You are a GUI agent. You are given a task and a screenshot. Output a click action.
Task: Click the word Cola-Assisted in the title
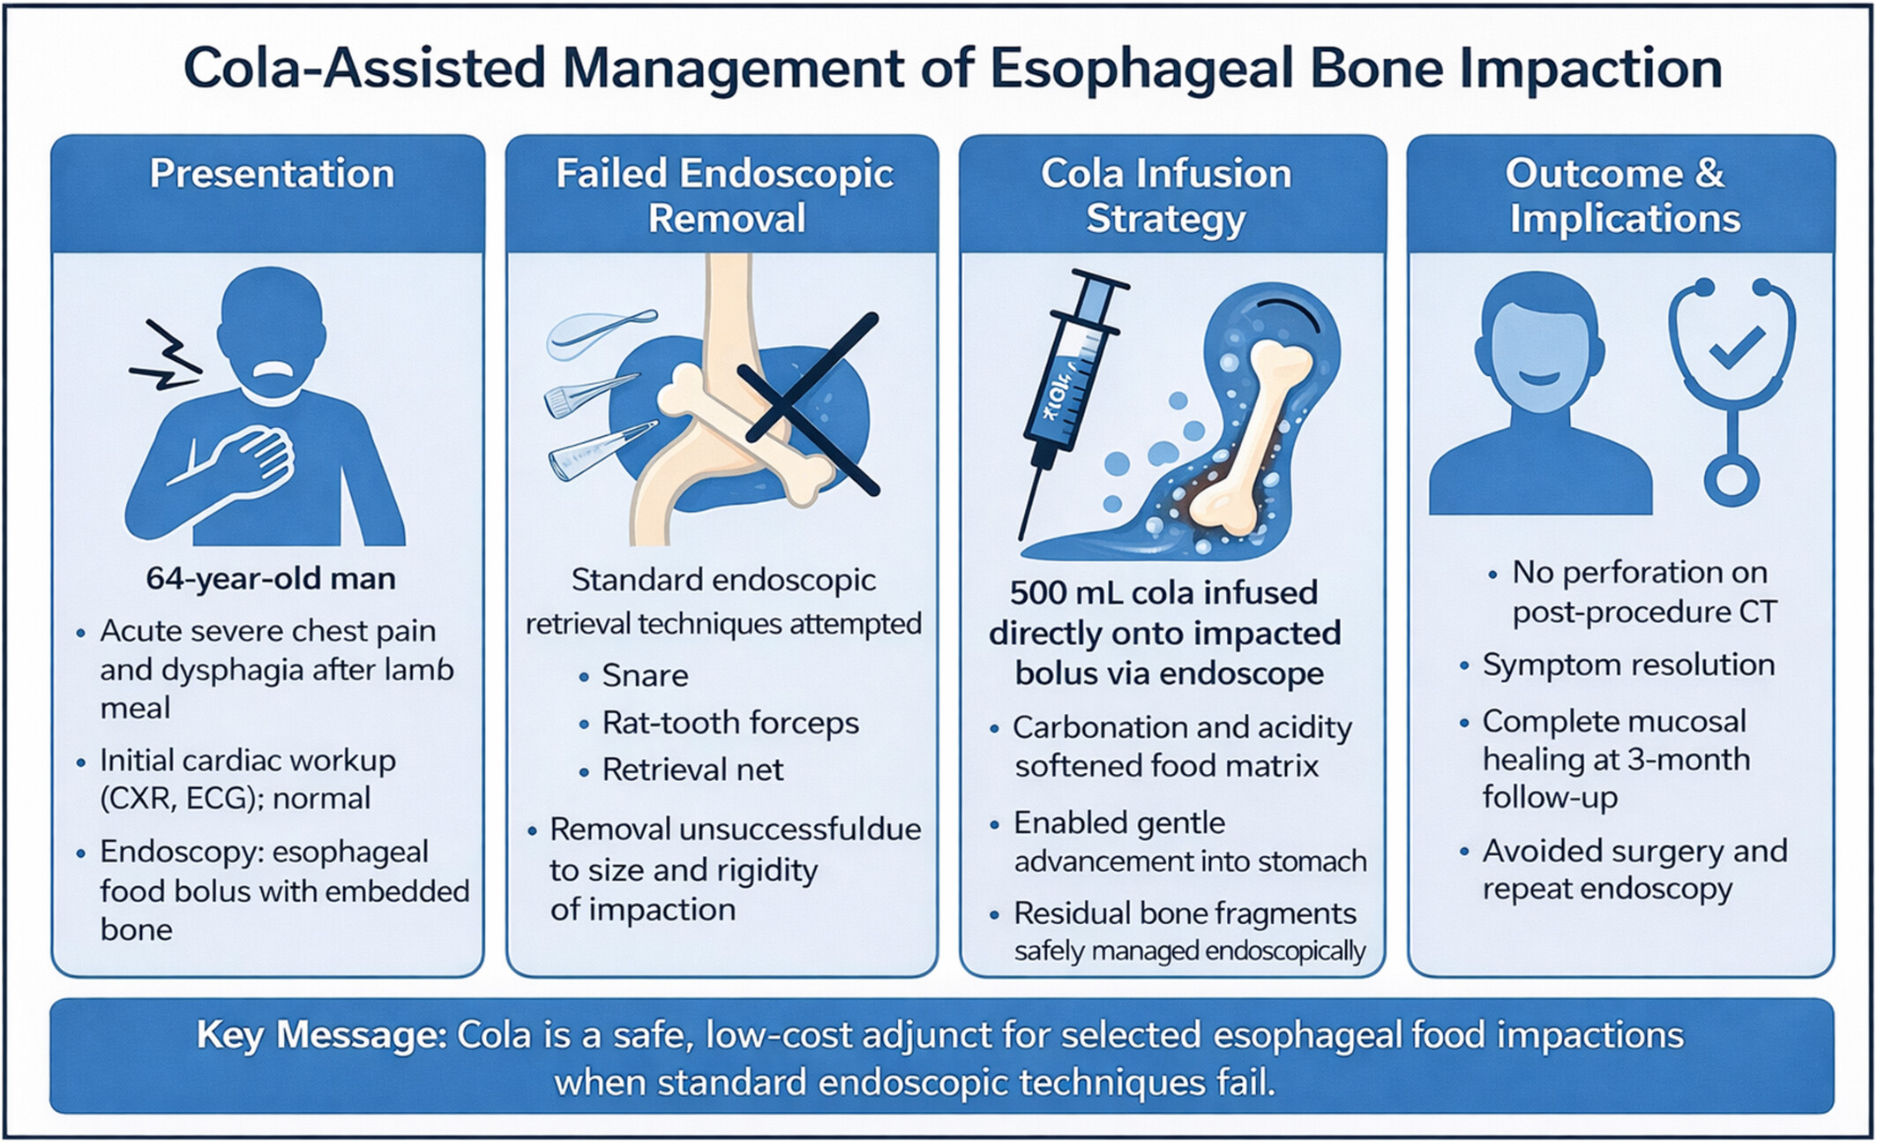tap(364, 69)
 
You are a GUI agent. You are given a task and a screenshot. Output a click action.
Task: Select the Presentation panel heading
tap(272, 173)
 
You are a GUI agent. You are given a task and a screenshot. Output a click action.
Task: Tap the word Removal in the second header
tap(727, 218)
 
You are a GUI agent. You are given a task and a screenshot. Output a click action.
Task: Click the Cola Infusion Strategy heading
tap(1166, 196)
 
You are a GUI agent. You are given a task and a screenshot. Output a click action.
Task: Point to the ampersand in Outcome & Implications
tap(1709, 173)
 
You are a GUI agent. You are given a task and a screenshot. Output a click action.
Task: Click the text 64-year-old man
tap(271, 579)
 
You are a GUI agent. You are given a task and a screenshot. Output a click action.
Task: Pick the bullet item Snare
tap(645, 676)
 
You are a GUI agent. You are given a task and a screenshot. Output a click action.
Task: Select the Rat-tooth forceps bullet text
tap(730, 724)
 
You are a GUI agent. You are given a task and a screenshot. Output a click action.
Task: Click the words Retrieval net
tap(692, 770)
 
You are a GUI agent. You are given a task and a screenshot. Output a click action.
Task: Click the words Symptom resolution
tap(1628, 665)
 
